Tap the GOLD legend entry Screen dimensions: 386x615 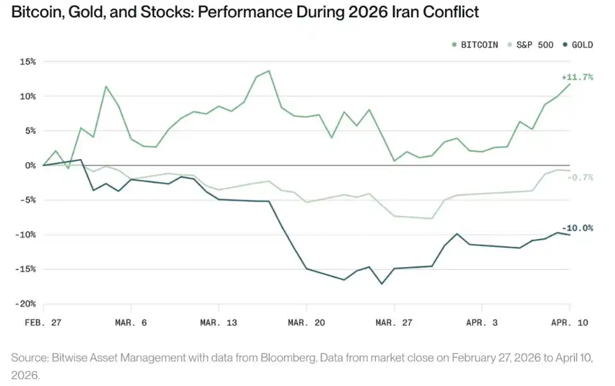(x=578, y=45)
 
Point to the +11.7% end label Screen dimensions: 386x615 (x=578, y=77)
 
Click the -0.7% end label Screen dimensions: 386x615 (x=580, y=177)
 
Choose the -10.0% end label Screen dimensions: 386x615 (x=578, y=228)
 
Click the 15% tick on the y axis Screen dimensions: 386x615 (x=27, y=62)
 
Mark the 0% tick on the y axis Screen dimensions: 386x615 (x=30, y=166)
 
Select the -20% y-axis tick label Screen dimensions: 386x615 (x=26, y=304)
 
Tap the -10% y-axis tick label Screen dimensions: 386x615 (x=26, y=235)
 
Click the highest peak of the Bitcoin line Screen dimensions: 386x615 (x=269, y=71)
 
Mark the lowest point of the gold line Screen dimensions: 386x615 (x=382, y=284)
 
